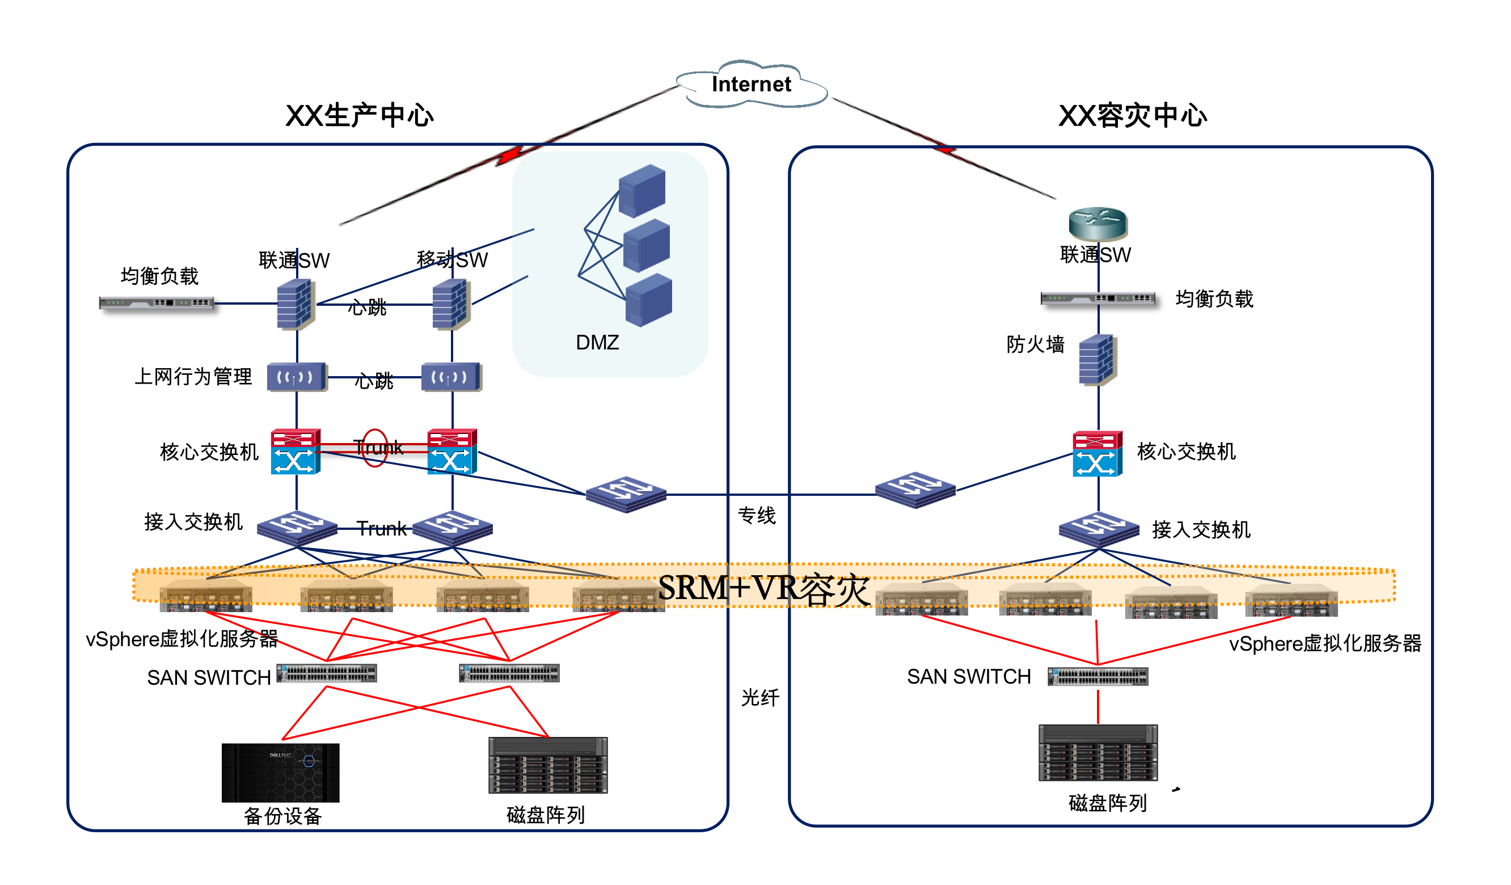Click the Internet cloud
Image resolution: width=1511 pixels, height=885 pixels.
(752, 85)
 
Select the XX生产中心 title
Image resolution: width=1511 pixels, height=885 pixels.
(359, 116)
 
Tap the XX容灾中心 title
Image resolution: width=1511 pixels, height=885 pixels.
(1133, 116)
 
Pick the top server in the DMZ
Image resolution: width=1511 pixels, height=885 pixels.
(641, 191)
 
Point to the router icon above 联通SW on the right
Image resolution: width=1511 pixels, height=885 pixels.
(1098, 223)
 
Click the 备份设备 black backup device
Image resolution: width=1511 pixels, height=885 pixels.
(281, 773)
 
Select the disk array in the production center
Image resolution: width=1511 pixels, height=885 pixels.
(548, 766)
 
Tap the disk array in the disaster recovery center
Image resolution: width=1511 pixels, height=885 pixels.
(1098, 753)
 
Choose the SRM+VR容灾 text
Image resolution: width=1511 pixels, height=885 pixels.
(764, 589)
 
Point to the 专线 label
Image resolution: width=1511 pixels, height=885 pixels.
(757, 516)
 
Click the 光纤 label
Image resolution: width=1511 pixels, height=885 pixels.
(760, 698)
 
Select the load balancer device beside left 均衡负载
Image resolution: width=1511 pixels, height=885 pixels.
(157, 304)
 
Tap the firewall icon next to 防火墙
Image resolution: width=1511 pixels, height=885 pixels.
(1097, 360)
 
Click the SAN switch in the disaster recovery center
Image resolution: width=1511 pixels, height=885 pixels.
(1098, 676)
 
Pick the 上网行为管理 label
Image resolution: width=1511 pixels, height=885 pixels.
(193, 377)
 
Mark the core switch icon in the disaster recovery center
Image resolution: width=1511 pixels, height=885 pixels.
(1098, 454)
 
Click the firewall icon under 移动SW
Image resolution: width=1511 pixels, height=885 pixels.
(451, 305)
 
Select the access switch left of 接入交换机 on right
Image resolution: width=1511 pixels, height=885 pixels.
(1099, 529)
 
